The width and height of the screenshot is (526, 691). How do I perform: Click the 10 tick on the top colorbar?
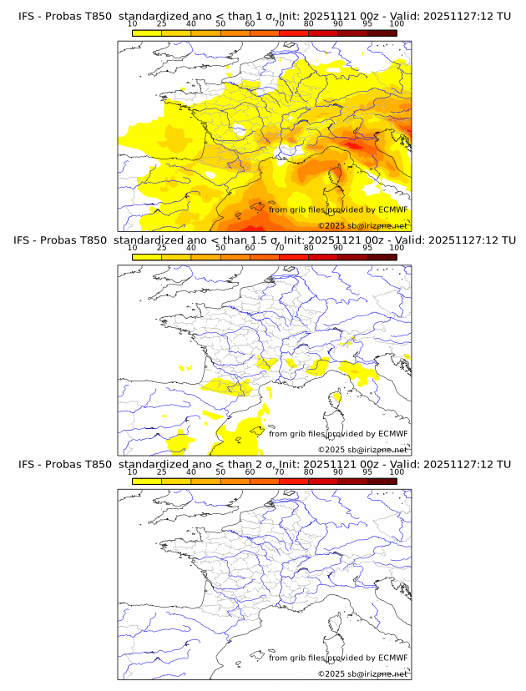132,24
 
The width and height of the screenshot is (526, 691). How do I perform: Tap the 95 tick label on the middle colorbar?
367,248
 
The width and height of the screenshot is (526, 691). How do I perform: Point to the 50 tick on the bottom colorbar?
220,472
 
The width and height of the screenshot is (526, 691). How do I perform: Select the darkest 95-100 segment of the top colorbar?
382,33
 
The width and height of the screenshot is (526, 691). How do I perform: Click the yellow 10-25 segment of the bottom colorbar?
147,481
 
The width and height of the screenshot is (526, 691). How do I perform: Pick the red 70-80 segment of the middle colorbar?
294,257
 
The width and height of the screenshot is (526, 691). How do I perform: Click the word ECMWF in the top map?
392,209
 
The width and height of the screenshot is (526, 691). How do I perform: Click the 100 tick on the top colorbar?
396,24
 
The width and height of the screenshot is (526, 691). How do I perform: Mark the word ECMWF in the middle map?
392,433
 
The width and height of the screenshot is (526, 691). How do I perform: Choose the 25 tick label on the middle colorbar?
161,248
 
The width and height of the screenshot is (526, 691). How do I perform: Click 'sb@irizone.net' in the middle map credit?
377,450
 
